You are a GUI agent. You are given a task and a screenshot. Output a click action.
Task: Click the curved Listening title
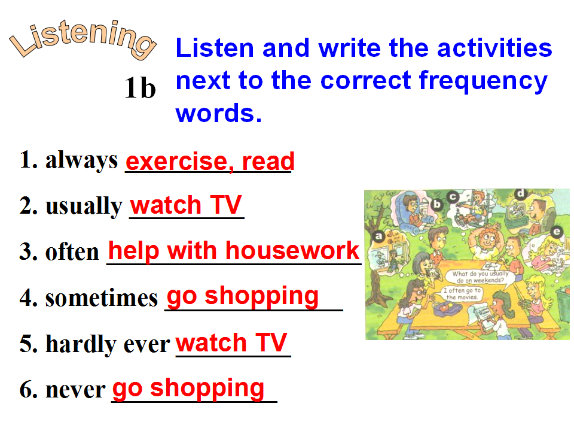[x=83, y=40]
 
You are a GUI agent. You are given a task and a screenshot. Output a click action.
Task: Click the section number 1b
[x=140, y=88]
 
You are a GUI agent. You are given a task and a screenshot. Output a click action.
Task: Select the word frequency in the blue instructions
[x=483, y=81]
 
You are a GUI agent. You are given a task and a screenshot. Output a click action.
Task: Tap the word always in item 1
[x=81, y=160]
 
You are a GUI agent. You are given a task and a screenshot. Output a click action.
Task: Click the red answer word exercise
[x=179, y=161]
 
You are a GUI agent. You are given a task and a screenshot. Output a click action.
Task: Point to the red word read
[x=268, y=161]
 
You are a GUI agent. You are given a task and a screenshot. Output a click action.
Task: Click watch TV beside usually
[x=185, y=205]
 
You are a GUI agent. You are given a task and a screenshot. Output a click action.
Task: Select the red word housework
[x=292, y=251]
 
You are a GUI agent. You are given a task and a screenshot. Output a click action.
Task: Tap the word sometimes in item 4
[x=102, y=298]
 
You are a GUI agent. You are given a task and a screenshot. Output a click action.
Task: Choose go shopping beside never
[x=188, y=388]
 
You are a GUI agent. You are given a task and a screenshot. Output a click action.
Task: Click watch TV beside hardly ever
[x=231, y=342]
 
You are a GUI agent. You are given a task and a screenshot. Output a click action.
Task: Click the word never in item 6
[x=75, y=390]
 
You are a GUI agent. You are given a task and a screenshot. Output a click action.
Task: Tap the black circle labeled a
[x=378, y=236]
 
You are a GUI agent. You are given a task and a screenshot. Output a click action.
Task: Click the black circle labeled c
[x=453, y=197]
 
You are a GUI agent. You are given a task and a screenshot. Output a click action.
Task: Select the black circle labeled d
[x=520, y=194]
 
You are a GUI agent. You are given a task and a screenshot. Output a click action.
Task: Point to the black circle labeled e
[x=557, y=232]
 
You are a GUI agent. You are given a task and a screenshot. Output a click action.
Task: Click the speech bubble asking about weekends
[x=480, y=277]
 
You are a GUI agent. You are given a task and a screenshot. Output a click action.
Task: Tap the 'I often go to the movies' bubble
[x=462, y=293]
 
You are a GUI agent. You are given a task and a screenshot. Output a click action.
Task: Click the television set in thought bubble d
[x=517, y=213]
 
